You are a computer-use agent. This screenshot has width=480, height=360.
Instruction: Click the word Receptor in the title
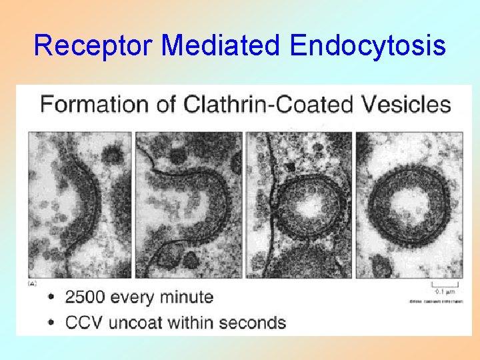[93, 46]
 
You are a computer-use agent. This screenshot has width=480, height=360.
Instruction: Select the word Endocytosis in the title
[368, 46]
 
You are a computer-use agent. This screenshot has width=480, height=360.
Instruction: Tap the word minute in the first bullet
[185, 297]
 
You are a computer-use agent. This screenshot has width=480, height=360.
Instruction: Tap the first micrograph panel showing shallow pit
[80, 205]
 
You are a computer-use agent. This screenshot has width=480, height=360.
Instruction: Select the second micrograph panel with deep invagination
[188, 205]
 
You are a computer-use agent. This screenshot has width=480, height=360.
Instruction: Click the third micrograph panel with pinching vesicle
[298, 205]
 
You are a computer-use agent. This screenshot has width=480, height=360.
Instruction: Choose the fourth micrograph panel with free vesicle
[408, 205]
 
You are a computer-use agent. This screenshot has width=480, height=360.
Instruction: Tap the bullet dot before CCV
[52, 323]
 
